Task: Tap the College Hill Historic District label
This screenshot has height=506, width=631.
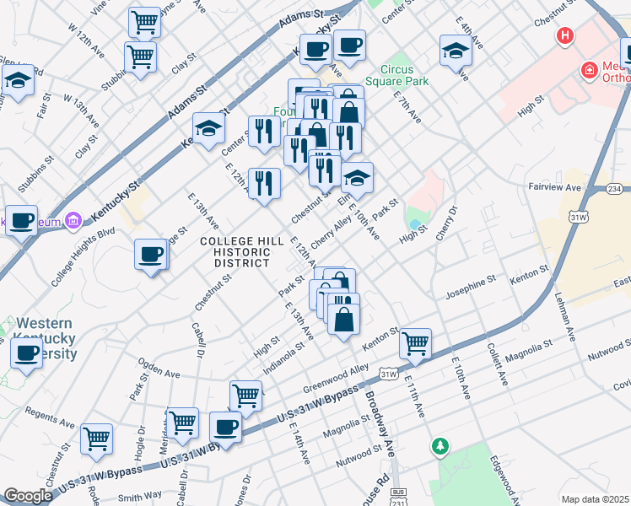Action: tap(235, 252)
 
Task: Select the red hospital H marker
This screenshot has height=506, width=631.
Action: tap(564, 37)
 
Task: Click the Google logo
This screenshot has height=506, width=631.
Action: tap(28, 496)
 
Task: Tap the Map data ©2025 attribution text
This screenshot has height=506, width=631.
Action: tap(596, 499)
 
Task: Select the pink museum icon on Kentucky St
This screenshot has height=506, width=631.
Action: tap(73, 221)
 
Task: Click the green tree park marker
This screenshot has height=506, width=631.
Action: tap(439, 445)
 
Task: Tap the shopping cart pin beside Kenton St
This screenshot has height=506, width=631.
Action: tap(415, 344)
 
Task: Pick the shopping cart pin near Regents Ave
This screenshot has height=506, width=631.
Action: tap(97, 438)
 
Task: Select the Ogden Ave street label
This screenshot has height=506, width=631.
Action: tap(160, 372)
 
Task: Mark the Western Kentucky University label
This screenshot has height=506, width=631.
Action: tap(46, 339)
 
